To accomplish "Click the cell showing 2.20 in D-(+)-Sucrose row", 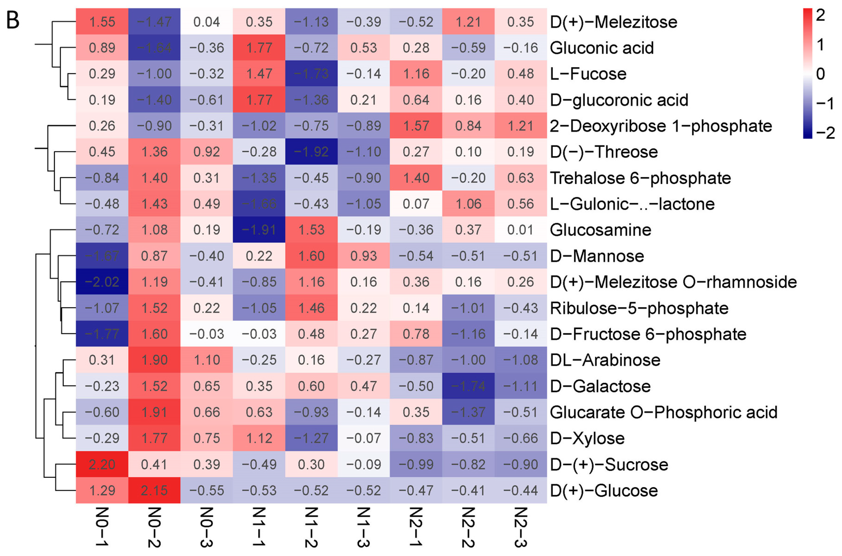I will click(x=102, y=464).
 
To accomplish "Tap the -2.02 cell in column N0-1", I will click(x=102, y=282).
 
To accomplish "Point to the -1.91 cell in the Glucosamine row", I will click(x=259, y=230).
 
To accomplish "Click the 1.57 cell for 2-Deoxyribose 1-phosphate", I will click(x=416, y=126).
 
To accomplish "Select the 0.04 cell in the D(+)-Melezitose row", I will click(x=206, y=22).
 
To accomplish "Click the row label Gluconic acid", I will click(x=601, y=48).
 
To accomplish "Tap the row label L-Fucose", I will click(x=588, y=74).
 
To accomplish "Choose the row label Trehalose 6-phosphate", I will click(x=640, y=178).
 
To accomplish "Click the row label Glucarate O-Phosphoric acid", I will click(x=663, y=412).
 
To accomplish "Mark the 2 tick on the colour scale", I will click(x=820, y=15).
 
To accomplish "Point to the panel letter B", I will click(x=13, y=21).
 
